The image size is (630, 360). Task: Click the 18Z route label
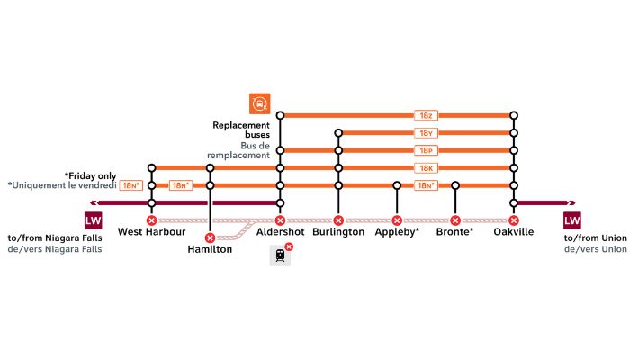(x=426, y=116)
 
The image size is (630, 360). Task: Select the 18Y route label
(x=426, y=133)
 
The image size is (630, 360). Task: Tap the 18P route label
(x=426, y=150)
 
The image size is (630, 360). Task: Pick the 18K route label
(x=426, y=168)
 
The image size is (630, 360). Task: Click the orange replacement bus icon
(x=259, y=103)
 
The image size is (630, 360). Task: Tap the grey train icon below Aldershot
(x=280, y=255)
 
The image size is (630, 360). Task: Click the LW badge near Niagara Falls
(x=94, y=220)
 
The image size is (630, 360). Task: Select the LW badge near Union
(x=572, y=220)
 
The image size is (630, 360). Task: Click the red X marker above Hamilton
(x=210, y=238)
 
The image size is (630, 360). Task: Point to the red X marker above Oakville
(x=514, y=220)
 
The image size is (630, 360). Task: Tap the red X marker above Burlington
(x=338, y=220)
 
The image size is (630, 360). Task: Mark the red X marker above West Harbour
(x=151, y=220)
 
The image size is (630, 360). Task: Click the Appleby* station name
(x=397, y=232)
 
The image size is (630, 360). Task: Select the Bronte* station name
(x=454, y=232)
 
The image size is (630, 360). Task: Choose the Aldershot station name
(x=281, y=232)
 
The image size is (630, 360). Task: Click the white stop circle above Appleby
(x=397, y=185)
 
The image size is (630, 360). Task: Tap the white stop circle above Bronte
(x=455, y=185)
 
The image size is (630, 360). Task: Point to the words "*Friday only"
(x=90, y=176)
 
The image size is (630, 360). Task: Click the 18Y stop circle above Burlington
(x=338, y=133)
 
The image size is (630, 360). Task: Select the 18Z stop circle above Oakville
(x=514, y=116)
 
